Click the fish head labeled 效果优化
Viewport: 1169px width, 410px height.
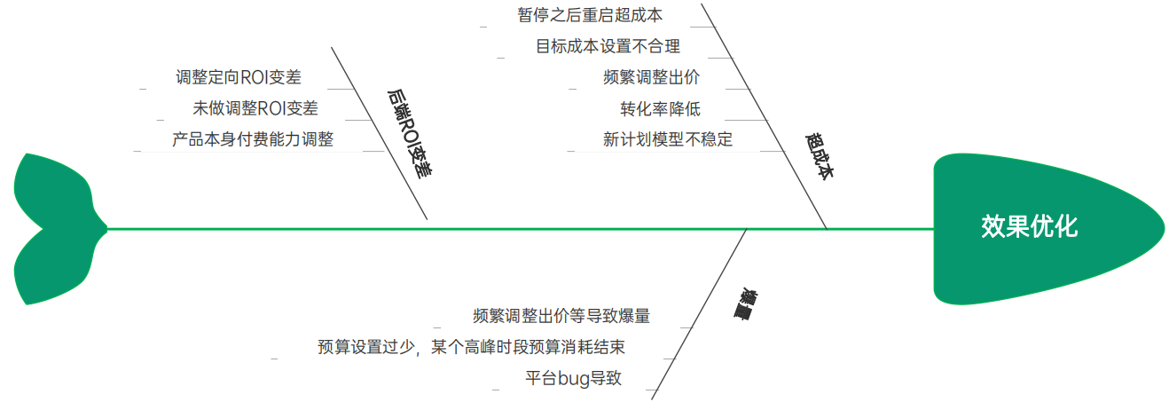[1029, 226]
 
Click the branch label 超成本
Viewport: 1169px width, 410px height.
[819, 158]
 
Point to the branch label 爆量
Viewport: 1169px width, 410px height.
[753, 303]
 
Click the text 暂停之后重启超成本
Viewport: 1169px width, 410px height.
[590, 15]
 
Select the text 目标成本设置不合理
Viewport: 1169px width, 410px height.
[608, 46]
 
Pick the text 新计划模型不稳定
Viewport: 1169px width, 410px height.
[667, 139]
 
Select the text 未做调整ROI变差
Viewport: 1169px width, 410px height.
[255, 108]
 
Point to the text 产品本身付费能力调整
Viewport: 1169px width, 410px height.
[252, 139]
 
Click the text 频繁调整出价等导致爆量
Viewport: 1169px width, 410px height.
[561, 316]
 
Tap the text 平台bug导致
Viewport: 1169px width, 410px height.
[573, 378]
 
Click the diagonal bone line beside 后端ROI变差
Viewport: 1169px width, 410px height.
[380, 133]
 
